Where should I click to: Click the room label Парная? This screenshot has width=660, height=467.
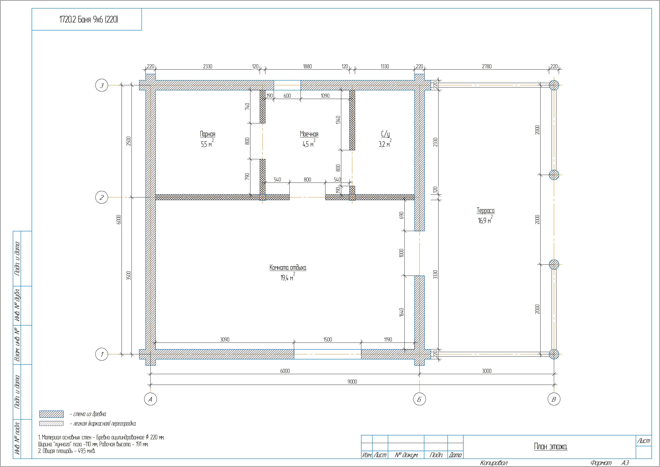(208, 134)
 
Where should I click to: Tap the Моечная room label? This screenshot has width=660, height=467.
(309, 134)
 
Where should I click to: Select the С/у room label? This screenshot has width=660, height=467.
(386, 134)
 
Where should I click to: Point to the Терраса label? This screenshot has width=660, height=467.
(486, 210)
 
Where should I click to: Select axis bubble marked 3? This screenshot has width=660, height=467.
(102, 85)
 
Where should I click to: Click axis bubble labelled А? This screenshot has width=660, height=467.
(150, 399)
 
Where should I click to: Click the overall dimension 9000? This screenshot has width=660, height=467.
(352, 382)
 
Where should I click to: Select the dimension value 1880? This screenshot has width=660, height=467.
(307, 66)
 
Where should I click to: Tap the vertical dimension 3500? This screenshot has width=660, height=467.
(128, 276)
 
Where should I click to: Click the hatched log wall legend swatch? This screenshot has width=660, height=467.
(51, 414)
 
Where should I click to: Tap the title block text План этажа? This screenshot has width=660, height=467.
(551, 447)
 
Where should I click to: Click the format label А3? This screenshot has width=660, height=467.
(625, 463)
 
